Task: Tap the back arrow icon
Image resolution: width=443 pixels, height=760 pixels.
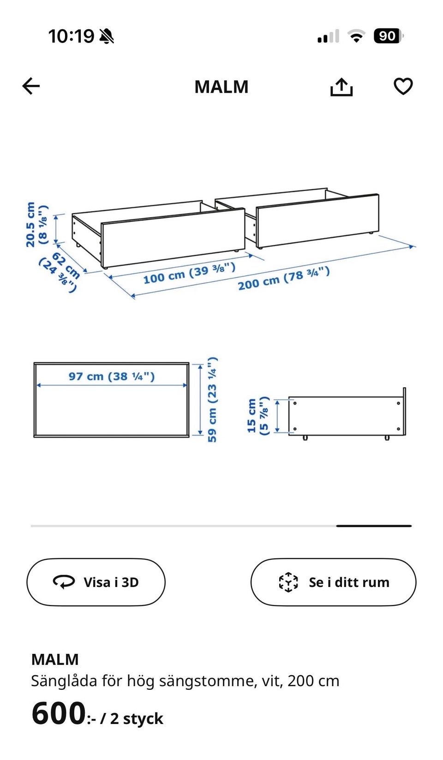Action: [31, 86]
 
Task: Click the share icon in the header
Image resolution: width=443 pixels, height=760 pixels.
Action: [341, 87]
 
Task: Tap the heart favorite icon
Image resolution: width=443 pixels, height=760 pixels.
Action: [403, 86]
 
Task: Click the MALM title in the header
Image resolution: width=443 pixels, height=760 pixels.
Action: [221, 87]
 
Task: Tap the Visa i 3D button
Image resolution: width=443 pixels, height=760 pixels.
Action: [96, 582]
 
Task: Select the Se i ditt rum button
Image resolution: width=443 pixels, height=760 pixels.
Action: [334, 582]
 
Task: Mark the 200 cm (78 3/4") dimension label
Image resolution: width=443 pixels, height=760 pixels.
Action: [284, 278]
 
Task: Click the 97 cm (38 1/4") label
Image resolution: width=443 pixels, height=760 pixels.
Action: [112, 376]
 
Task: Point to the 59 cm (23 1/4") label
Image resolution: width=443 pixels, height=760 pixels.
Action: [212, 400]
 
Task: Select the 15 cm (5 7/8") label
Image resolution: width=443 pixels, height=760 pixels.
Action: [258, 416]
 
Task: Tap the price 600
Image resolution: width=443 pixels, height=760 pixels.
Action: [58, 713]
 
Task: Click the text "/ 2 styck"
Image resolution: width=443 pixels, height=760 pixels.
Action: [132, 718]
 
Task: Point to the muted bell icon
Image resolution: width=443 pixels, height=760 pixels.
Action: [107, 36]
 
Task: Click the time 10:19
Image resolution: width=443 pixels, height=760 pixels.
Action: [71, 36]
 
